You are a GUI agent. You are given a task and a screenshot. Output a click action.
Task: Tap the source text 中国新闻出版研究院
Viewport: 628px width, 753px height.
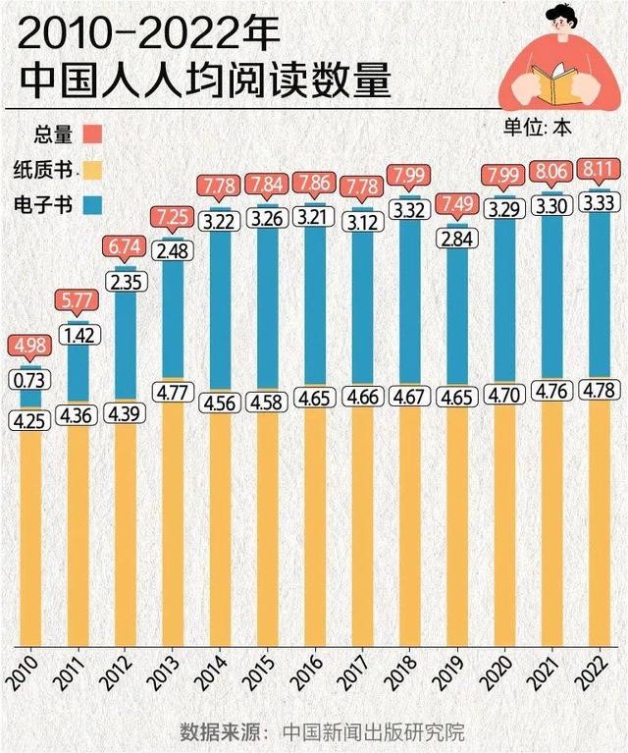pos(373,731)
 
